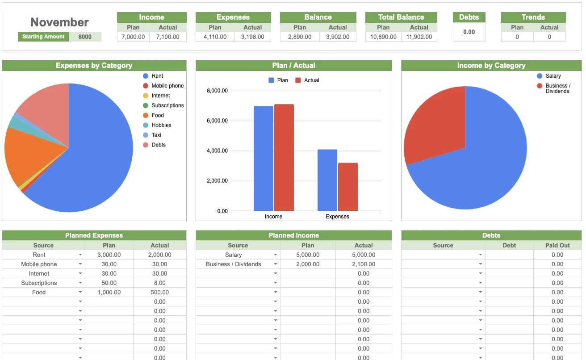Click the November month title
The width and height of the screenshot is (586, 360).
pos(59,22)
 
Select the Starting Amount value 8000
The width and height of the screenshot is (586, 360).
pos(85,37)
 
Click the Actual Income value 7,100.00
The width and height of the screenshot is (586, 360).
pos(168,37)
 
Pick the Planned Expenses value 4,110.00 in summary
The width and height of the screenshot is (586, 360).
pos(215,37)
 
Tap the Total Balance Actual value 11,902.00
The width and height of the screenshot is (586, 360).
pos(419,37)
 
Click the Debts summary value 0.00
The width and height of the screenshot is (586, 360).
pos(469,32)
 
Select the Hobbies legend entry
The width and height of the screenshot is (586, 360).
pos(161,125)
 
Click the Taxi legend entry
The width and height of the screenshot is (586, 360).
pos(156,135)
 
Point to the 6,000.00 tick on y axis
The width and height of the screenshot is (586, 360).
pos(217,121)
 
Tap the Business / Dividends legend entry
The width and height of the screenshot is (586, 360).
pos(557,88)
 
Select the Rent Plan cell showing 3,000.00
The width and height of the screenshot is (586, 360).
pos(109,255)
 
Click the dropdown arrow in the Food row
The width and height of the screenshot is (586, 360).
pos(80,292)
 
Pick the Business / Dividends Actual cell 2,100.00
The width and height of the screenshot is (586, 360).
pos(364,264)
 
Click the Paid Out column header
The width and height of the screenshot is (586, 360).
pos(557,245)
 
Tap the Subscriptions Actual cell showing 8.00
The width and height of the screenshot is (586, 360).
pos(159,283)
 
